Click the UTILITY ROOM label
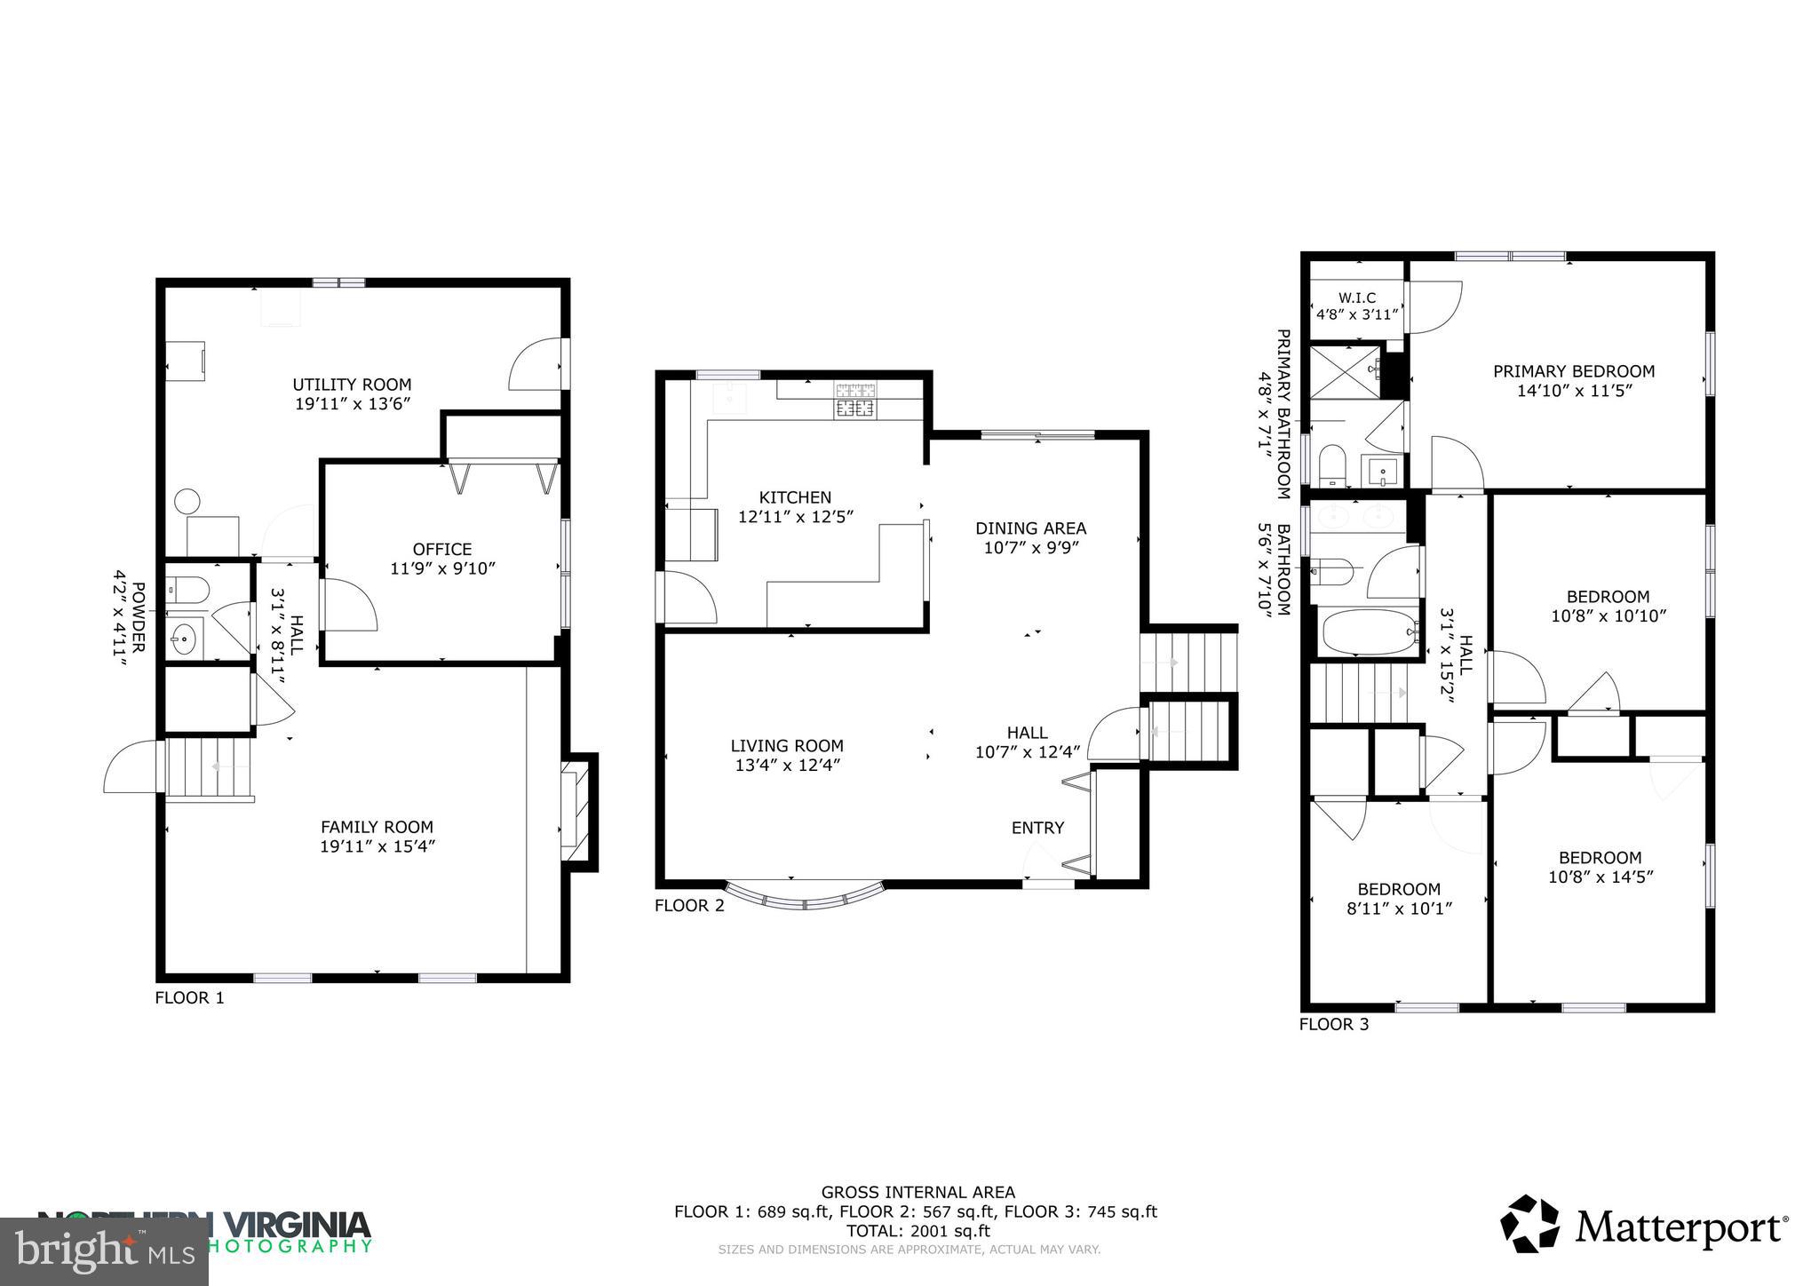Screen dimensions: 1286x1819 352,385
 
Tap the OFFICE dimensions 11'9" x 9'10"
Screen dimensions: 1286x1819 442,568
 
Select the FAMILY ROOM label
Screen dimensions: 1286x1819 377,827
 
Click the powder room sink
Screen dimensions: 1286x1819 185,638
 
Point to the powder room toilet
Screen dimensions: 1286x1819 188,587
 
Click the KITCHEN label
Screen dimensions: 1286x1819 795,497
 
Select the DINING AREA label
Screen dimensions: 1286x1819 1030,528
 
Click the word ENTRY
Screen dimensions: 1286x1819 1037,828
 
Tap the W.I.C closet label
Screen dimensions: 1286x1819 1356,298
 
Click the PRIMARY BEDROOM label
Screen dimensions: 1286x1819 1574,371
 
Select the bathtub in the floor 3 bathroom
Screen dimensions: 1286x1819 1365,632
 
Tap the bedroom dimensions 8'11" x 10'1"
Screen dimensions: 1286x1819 1398,909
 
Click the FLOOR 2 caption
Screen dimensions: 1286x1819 689,906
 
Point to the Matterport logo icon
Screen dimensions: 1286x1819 1529,1224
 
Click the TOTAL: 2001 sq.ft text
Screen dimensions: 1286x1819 917,1231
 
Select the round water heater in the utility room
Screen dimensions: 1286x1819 188,501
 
